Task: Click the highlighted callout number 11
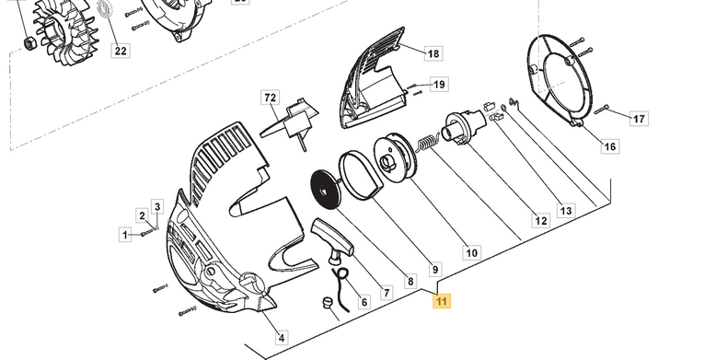point(442,301)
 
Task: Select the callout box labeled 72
point(270,98)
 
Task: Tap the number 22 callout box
point(121,51)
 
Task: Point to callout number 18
point(433,53)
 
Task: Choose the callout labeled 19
point(439,84)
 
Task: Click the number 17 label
point(639,119)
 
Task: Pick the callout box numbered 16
point(610,146)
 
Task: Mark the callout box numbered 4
point(282,338)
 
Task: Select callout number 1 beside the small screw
point(125,234)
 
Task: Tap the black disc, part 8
point(326,190)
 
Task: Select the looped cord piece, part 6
point(341,287)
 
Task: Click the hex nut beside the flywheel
point(29,43)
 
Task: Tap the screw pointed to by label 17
point(602,110)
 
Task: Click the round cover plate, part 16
point(559,80)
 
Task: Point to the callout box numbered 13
point(566,210)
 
